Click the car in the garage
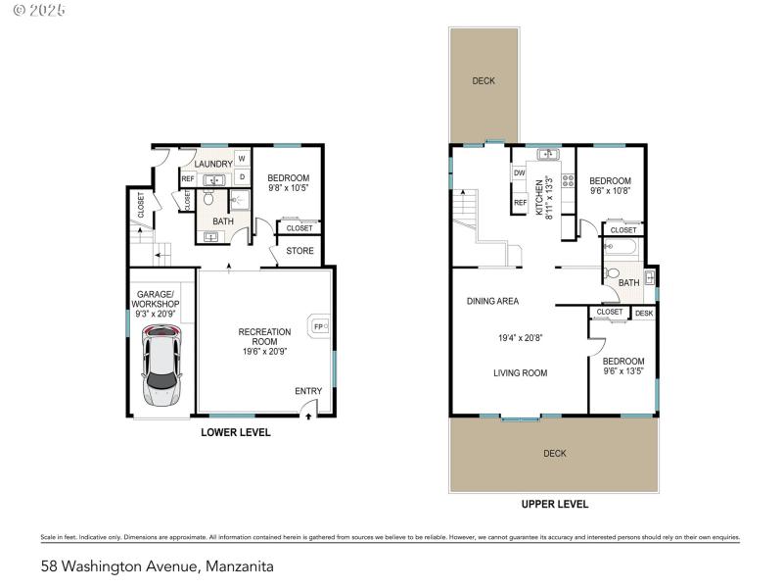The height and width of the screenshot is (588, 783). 161,365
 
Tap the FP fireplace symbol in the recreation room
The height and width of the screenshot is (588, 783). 318,327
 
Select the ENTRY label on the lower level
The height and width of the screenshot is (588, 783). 308,392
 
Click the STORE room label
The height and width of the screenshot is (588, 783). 300,251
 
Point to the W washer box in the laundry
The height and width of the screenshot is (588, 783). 240,159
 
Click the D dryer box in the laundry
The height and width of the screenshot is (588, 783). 240,177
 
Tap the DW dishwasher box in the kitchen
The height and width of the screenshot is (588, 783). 520,173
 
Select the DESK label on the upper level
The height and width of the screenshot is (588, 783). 643,313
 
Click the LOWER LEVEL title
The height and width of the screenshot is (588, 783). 235,432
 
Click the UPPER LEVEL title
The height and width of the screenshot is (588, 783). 555,504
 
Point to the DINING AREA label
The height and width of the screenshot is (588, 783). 492,301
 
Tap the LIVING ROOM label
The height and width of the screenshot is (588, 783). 520,372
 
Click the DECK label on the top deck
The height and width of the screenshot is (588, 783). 484,81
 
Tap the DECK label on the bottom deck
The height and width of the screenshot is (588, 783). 555,453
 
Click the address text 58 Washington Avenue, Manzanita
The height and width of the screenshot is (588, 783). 157,565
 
